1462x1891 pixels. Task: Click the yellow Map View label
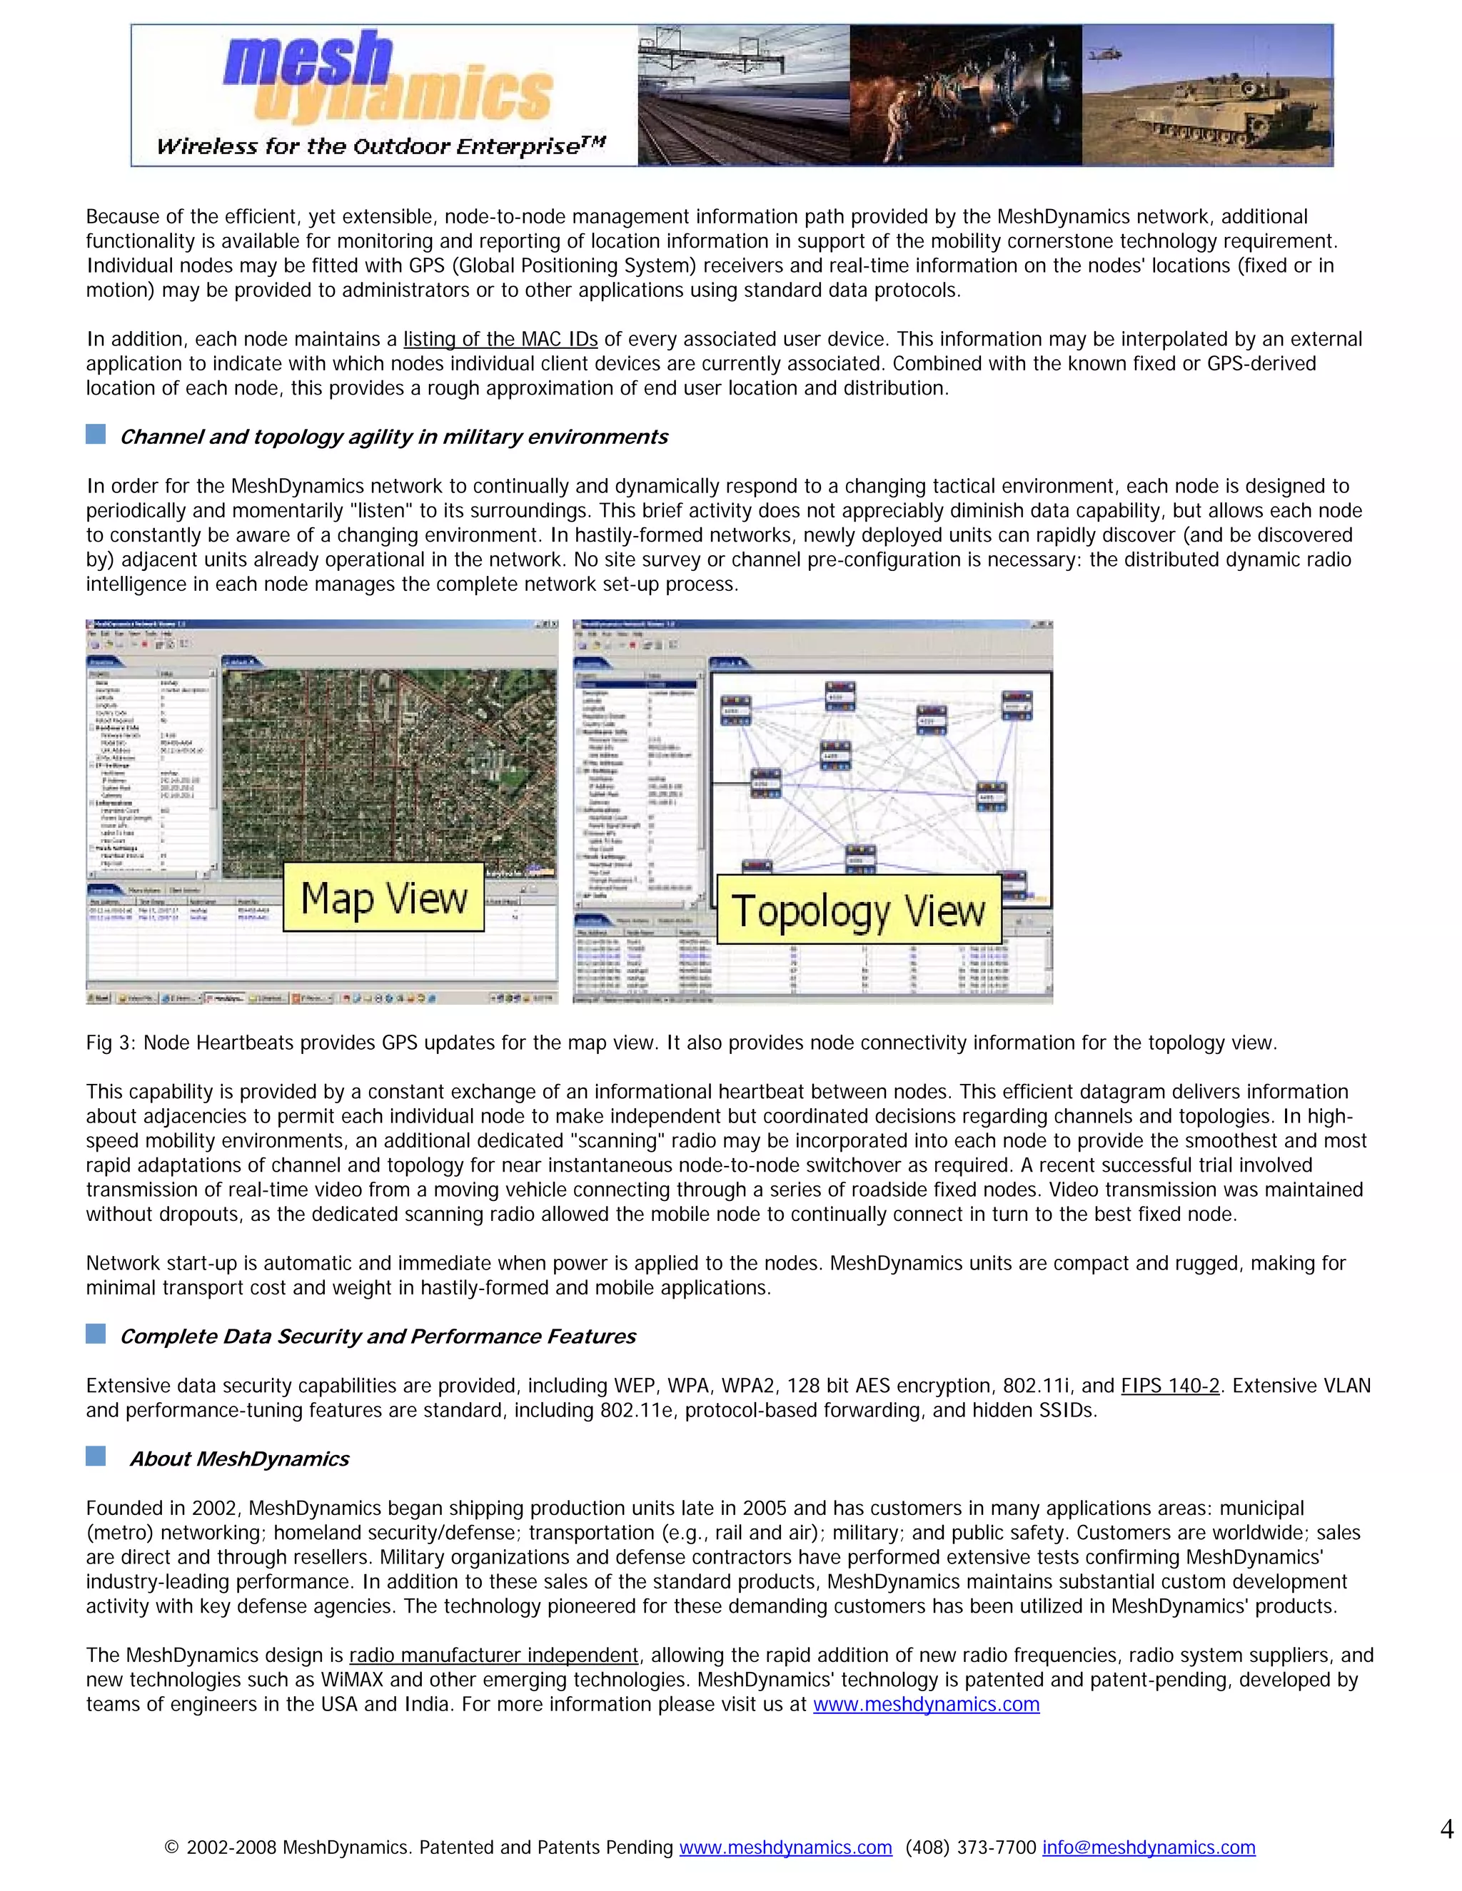click(x=383, y=897)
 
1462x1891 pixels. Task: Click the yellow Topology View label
click(x=858, y=910)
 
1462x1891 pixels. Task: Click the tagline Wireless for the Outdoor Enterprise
click(x=381, y=146)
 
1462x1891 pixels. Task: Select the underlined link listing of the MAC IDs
click(x=500, y=340)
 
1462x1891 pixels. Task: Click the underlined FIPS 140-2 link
click(x=1169, y=1386)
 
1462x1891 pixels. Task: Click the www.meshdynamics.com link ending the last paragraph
click(x=925, y=1705)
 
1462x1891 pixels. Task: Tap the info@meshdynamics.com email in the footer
click(x=1148, y=1847)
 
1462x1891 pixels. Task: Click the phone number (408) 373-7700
click(x=970, y=1847)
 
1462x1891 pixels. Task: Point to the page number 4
click(x=1446, y=1829)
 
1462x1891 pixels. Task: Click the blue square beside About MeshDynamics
click(x=95, y=1456)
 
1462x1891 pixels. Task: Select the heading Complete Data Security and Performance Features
click(x=377, y=1337)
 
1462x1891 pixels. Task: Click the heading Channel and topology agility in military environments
click(x=393, y=437)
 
